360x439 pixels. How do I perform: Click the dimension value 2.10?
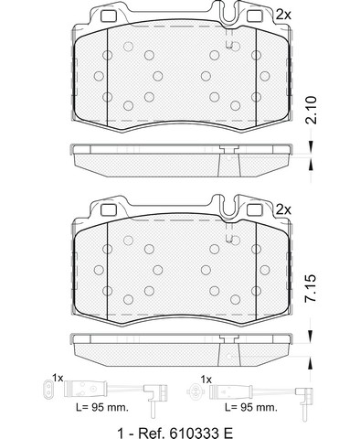click(312, 110)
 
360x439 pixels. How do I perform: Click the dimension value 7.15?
click(312, 288)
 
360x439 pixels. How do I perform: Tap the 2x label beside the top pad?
click(283, 15)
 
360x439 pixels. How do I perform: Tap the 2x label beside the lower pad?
click(283, 209)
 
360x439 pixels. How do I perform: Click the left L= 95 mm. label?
click(101, 407)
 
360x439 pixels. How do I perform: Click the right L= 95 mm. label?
click(250, 407)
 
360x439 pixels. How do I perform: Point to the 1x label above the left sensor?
click(58, 379)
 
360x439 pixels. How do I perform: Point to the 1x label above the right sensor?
click(206, 380)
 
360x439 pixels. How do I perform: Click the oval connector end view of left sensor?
click(47, 389)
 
